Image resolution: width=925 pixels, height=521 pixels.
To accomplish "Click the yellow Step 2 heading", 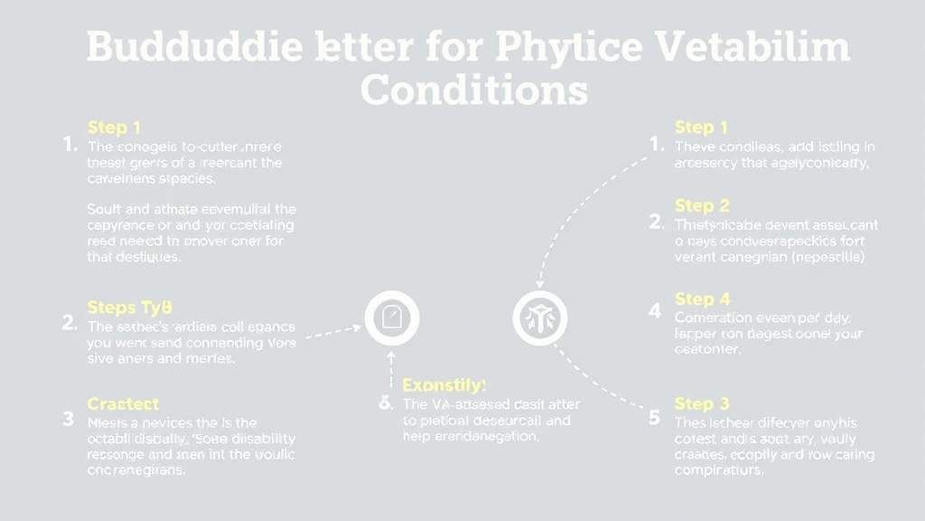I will tap(702, 205).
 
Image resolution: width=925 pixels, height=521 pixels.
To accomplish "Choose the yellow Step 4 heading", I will tap(702, 298).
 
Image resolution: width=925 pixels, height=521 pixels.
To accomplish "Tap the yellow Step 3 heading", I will tap(702, 403).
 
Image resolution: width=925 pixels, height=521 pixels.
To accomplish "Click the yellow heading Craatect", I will tap(123, 403).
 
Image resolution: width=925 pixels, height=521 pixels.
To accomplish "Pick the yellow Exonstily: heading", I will tap(444, 385).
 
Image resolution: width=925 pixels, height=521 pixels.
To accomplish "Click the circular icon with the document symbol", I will tap(391, 318).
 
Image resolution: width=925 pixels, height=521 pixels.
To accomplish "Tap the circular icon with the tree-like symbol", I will tap(540, 318).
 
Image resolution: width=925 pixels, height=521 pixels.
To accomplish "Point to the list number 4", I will tap(655, 311).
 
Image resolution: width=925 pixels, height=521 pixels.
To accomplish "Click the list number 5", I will tap(655, 417).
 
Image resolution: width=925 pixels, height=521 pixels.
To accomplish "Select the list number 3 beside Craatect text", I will tap(69, 419).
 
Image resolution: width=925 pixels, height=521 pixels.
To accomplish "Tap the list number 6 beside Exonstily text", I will tap(385, 403).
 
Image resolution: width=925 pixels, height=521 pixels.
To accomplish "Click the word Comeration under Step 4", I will tap(714, 317).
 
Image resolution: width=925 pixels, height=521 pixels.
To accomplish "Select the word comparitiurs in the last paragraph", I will tap(719, 470).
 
